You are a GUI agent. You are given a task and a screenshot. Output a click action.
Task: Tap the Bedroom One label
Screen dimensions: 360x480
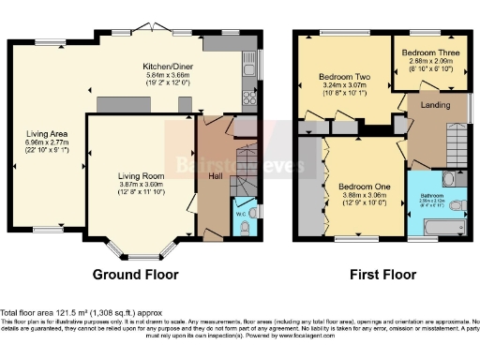(x=358, y=186)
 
